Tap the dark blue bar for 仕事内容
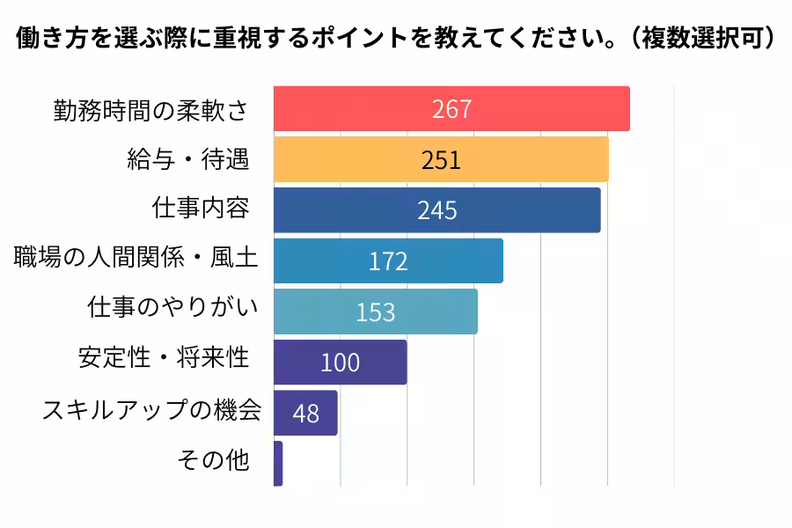point(528,210)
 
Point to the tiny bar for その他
point(278,464)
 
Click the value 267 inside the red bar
point(451,109)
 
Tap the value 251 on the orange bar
point(441,160)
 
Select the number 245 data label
point(436,210)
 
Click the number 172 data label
point(388,261)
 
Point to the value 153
point(376,312)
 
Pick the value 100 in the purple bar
point(340,363)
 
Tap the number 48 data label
point(305,413)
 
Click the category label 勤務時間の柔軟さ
point(150,109)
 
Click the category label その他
point(213,460)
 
